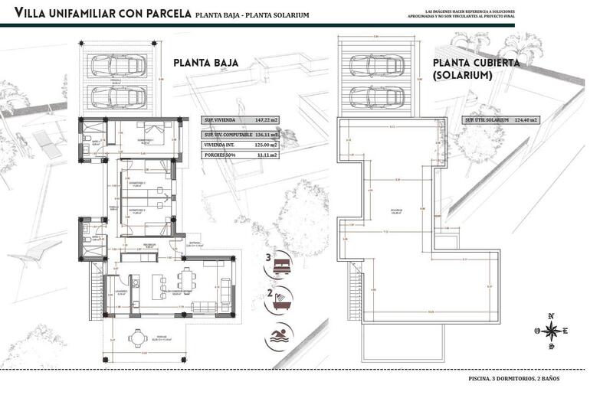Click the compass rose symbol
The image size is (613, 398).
(x=551, y=331)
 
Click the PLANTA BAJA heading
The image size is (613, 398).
(x=206, y=64)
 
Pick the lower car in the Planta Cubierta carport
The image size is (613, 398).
(x=374, y=97)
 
